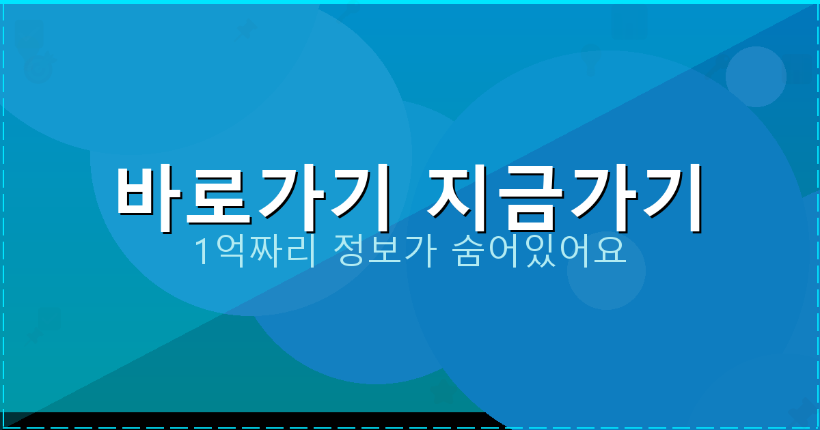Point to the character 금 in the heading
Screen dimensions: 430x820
click(x=529, y=198)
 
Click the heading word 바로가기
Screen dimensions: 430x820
click(x=253, y=198)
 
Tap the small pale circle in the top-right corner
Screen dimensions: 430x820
click(x=755, y=76)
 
